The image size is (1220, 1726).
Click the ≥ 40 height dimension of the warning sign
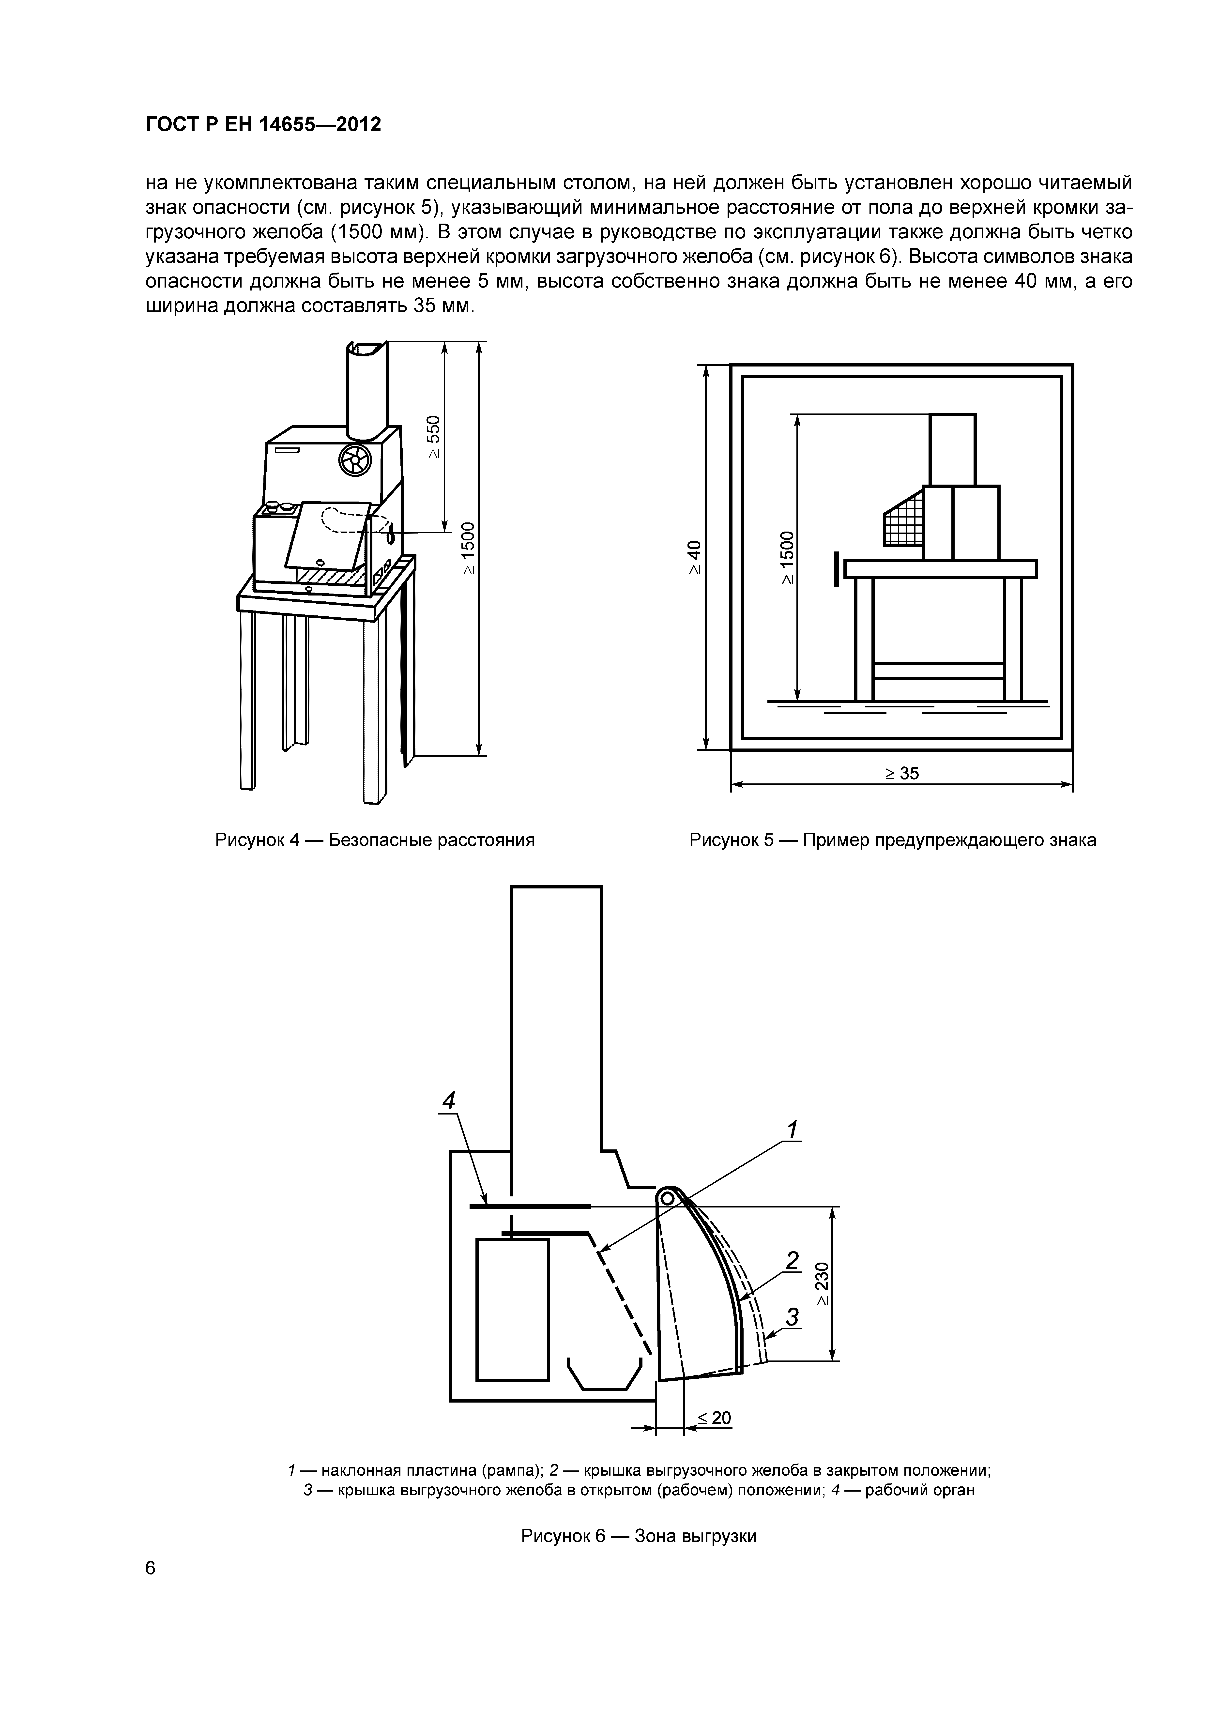(x=695, y=557)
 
